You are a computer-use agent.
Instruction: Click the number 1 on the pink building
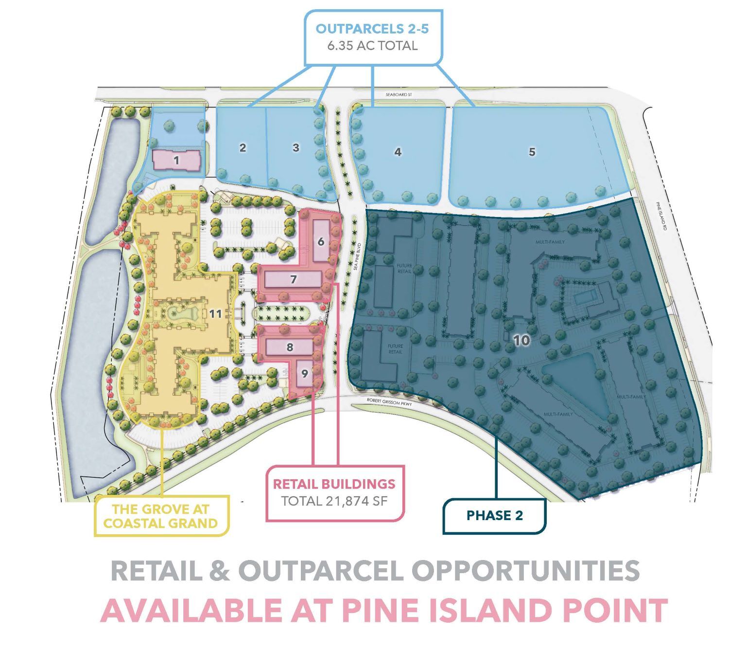(176, 159)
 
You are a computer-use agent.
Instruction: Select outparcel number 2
(243, 147)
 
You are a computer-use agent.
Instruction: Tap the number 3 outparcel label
(296, 147)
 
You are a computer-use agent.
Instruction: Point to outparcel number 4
(398, 152)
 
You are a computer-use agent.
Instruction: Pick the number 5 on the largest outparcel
(532, 152)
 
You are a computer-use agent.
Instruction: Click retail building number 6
(321, 241)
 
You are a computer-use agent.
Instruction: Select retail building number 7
(293, 279)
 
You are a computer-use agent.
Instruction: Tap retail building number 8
(290, 347)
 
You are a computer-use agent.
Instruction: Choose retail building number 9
(305, 374)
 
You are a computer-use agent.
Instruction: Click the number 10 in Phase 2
(521, 340)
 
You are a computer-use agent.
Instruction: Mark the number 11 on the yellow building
(216, 313)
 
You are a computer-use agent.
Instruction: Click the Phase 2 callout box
(495, 516)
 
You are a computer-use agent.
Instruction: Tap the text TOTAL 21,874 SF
(334, 501)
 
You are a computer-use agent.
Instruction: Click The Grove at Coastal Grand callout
(161, 516)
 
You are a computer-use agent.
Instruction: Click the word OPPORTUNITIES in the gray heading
(524, 571)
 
